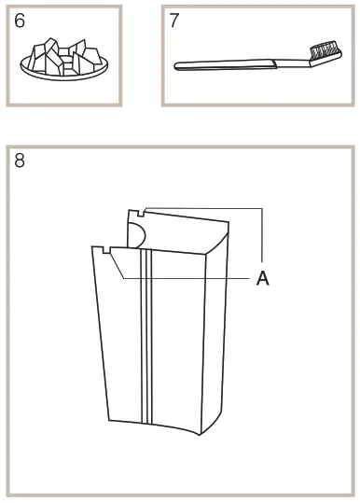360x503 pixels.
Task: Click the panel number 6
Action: click(20, 21)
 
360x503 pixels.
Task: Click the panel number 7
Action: click(174, 21)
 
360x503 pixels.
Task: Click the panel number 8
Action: click(20, 161)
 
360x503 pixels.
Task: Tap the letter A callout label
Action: click(263, 279)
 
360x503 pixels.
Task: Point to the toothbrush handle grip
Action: click(224, 63)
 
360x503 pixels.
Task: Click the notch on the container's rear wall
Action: click(137, 212)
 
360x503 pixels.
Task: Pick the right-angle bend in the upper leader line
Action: click(264, 208)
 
